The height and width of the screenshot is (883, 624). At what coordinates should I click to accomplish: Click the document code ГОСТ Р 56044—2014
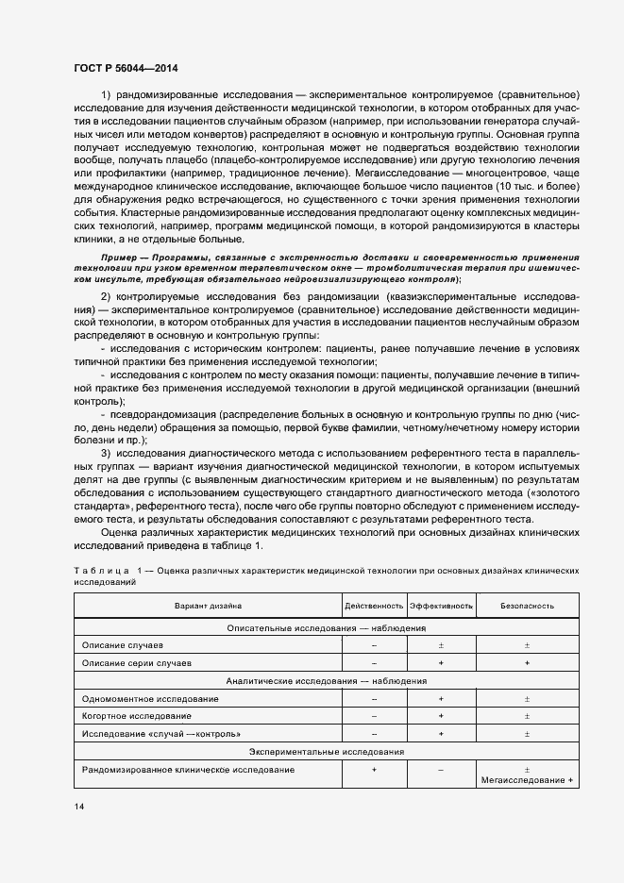(125, 69)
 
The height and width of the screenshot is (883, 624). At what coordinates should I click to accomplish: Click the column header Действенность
(374, 606)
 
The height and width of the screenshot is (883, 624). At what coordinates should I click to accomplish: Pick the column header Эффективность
(440, 606)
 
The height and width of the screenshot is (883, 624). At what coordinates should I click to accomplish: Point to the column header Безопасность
(527, 606)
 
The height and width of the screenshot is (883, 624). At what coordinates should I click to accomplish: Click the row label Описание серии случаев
(137, 663)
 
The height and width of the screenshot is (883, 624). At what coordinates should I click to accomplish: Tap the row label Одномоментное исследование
(150, 699)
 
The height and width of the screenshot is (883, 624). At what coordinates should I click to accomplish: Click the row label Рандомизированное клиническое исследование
(188, 770)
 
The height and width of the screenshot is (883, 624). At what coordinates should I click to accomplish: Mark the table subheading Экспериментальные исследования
(327, 752)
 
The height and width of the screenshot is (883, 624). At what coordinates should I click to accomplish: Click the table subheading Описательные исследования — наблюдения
(327, 627)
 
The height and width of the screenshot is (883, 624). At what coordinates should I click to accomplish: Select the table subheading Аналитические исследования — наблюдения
(327, 681)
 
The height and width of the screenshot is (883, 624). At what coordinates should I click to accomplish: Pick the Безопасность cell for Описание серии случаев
(527, 663)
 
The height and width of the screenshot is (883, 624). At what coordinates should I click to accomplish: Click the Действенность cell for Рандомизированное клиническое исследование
(374, 770)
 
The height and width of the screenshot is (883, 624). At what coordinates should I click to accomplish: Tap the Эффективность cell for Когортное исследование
(440, 716)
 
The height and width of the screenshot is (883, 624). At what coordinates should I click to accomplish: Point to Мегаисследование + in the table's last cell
(527, 780)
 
